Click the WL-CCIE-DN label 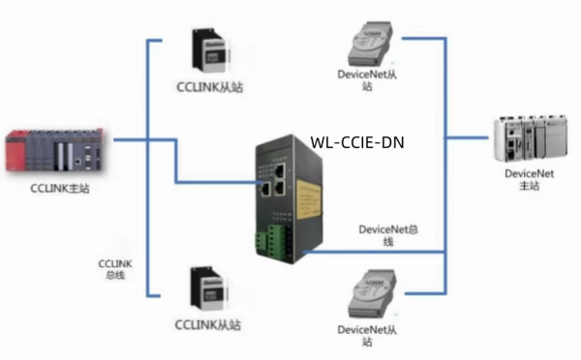(357, 142)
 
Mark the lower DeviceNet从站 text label (367, 336)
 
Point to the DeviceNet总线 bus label (388, 235)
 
